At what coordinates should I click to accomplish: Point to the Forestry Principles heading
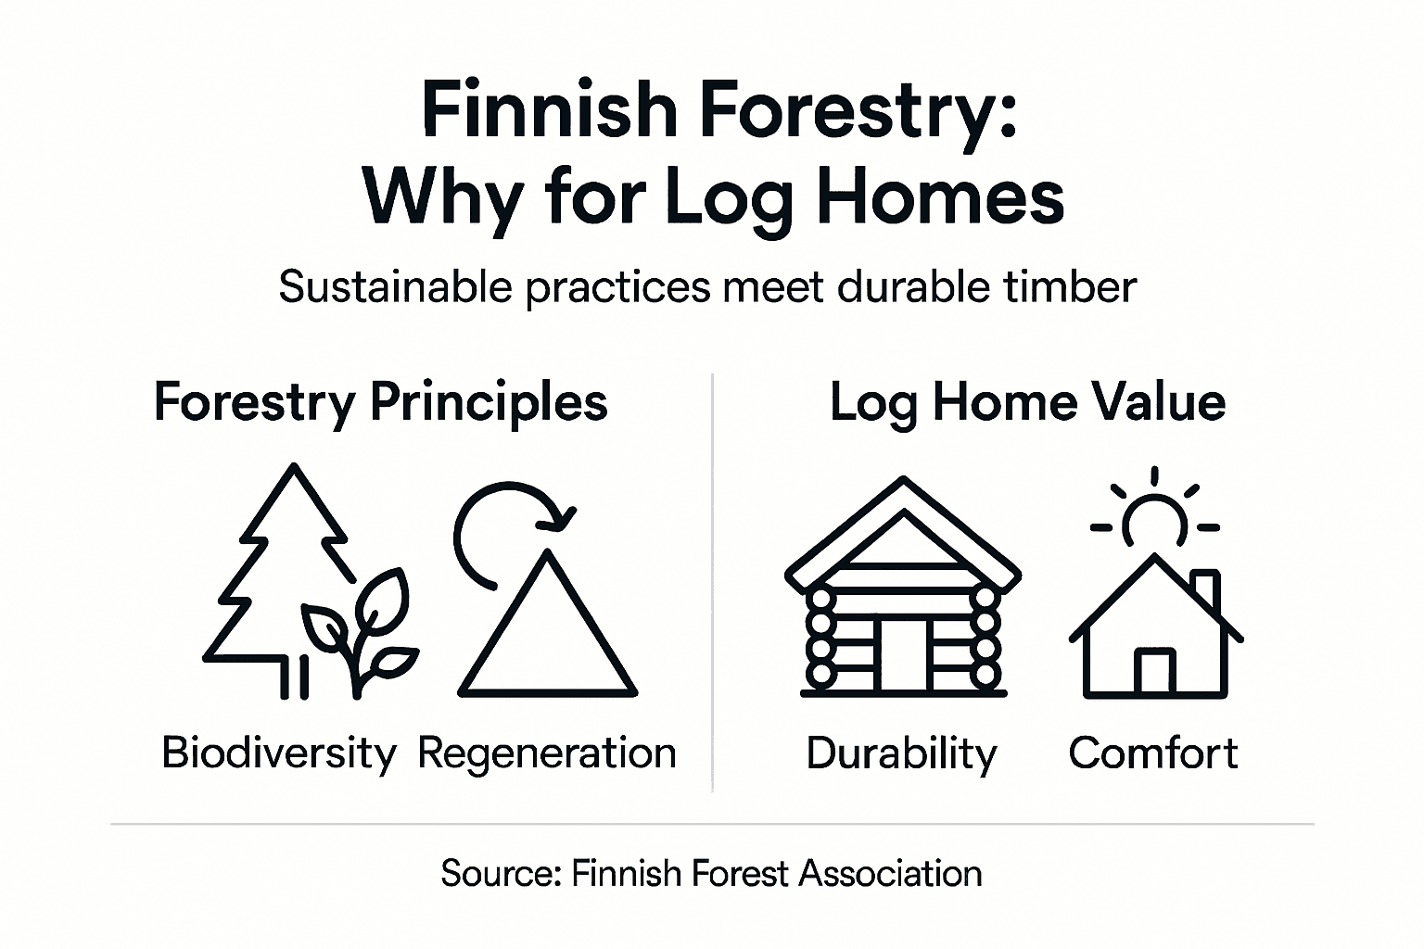point(380,403)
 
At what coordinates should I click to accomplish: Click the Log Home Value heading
point(1027,403)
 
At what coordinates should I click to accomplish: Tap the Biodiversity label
point(278,753)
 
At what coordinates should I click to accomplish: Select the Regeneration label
point(547,753)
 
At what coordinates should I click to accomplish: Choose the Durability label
point(901,753)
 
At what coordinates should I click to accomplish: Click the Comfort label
point(1152,753)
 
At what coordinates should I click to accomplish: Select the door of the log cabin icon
point(903,653)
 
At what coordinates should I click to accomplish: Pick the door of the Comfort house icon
point(1154,671)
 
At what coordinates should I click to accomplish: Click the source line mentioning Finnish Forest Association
point(711,874)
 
